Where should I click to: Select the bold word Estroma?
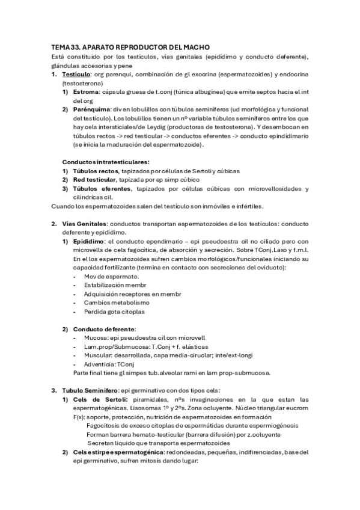86,92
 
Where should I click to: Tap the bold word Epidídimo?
88,241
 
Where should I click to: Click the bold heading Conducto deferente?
104,329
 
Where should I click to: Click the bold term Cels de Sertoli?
100,399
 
